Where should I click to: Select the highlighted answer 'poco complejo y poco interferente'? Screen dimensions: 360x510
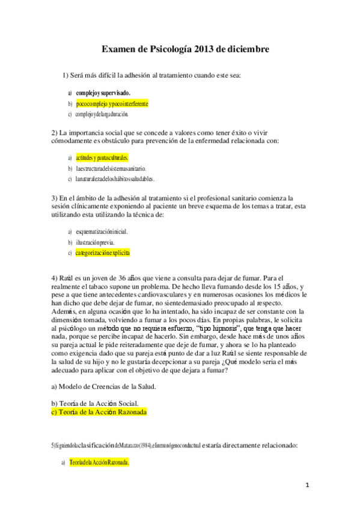click(x=112, y=103)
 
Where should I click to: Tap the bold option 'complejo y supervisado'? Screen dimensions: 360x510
click(x=103, y=93)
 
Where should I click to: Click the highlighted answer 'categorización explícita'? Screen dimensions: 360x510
click(x=103, y=253)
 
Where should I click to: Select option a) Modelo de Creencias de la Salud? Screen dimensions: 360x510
click(x=104, y=386)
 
